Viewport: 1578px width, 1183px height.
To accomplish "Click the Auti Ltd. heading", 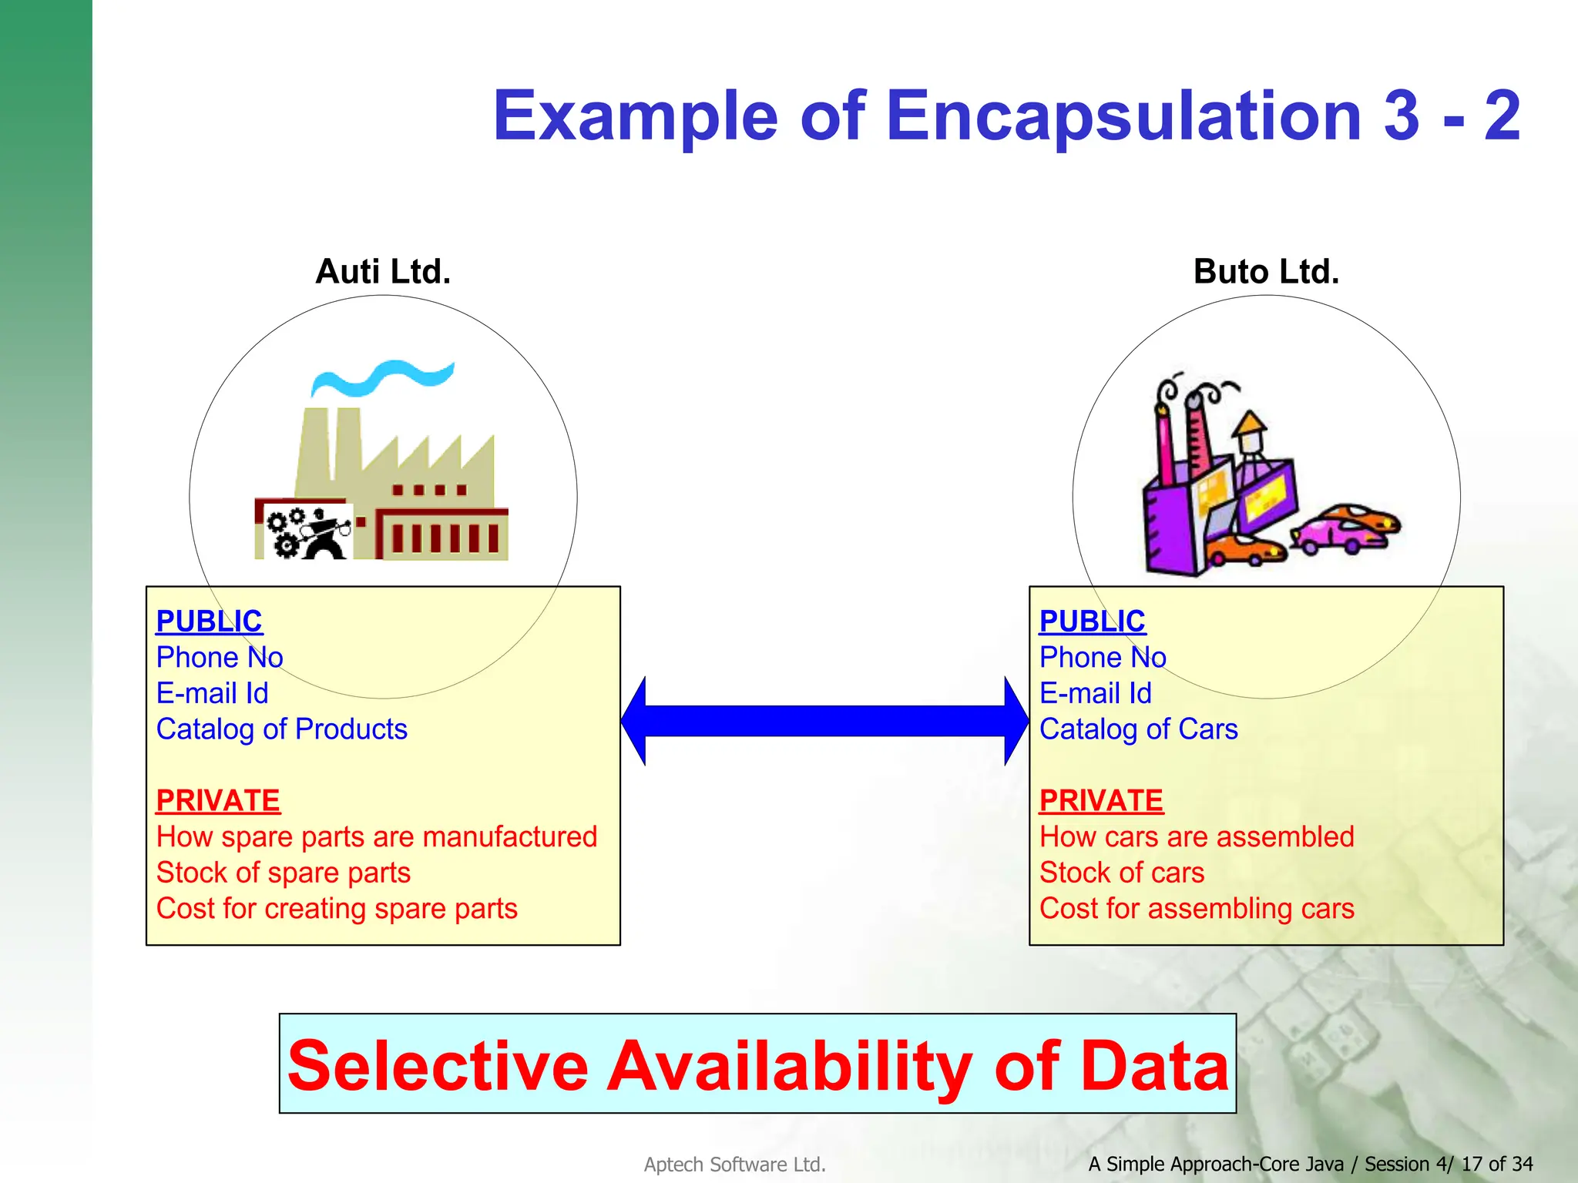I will pyautogui.click(x=383, y=272).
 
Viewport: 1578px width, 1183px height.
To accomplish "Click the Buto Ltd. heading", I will pyautogui.click(x=1266, y=272).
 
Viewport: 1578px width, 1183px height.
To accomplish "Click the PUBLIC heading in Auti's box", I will pyautogui.click(x=209, y=622).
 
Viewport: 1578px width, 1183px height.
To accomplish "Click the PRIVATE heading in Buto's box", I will pyautogui.click(x=1100, y=801).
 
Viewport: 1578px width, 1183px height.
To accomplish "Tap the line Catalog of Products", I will pyautogui.click(x=281, y=729).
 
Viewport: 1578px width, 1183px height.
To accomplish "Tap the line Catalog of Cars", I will pyautogui.click(x=1138, y=729).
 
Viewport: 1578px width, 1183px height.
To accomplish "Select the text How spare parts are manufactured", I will pyautogui.click(x=376, y=837).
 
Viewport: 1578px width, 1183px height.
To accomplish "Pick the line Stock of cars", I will pyautogui.click(x=1121, y=873).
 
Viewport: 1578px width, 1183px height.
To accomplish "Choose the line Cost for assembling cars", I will pyautogui.click(x=1196, y=909).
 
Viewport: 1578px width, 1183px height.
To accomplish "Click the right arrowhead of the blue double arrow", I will pyautogui.click(x=1016, y=721).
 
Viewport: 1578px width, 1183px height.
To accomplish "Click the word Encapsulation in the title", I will pyautogui.click(x=1124, y=116).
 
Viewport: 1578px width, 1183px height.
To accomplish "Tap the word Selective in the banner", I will pyautogui.click(x=438, y=1066).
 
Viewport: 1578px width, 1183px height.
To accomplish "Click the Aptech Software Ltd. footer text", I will pyautogui.click(x=734, y=1165).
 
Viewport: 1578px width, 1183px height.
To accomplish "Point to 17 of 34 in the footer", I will pyautogui.click(x=1496, y=1164).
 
